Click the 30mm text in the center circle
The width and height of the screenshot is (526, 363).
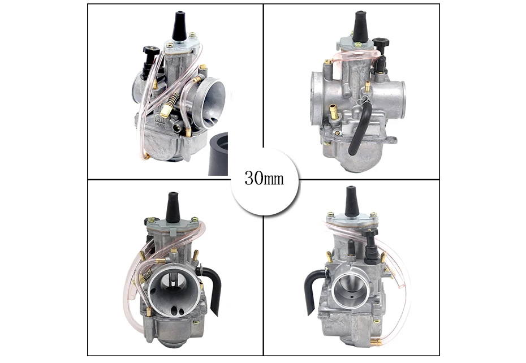click(x=264, y=178)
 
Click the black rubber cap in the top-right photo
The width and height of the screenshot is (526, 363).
click(x=360, y=27)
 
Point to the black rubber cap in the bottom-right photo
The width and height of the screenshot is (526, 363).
click(x=352, y=201)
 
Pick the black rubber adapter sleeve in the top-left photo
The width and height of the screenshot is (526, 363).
click(x=218, y=154)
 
